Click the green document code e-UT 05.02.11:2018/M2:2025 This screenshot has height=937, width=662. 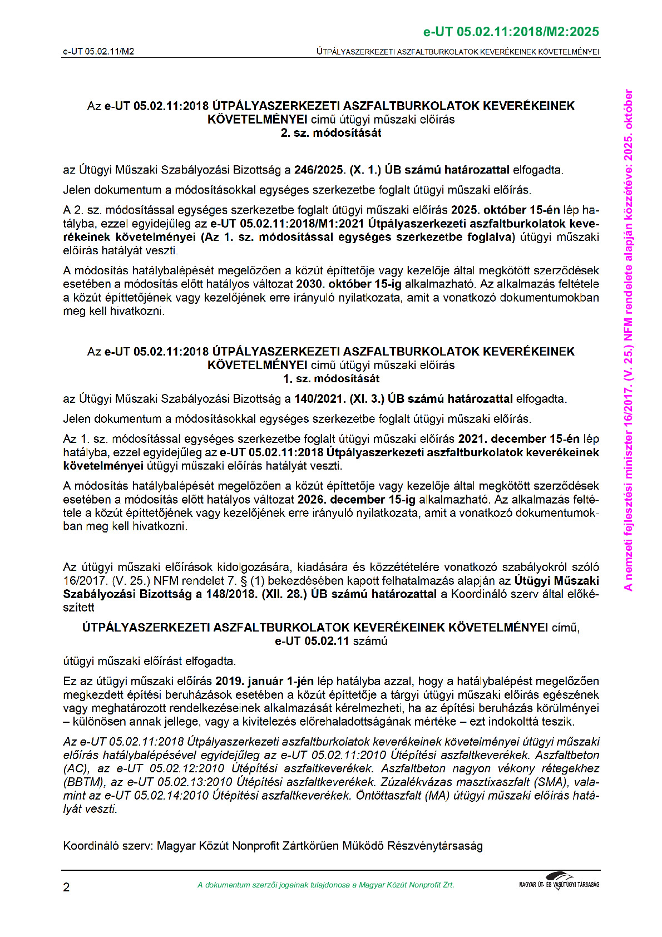[511, 32]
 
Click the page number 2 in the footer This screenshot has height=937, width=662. [66, 887]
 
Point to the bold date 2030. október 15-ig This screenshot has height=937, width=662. [348, 284]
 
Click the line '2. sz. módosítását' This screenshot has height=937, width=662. [330, 133]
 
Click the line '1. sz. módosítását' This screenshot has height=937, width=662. [330, 379]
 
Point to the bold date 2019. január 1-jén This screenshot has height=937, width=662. [264, 681]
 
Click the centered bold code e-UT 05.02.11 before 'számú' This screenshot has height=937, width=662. [312, 641]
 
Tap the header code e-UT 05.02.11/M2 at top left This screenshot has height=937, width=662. [98, 52]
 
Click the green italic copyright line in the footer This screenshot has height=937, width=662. [325, 885]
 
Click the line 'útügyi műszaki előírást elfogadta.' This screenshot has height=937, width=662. [149, 661]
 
